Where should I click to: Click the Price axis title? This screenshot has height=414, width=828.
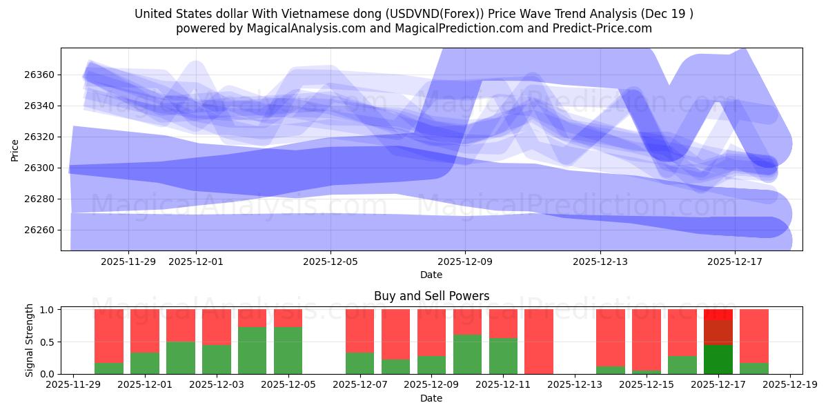click(x=15, y=150)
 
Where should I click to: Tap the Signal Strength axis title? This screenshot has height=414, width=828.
click(x=29, y=340)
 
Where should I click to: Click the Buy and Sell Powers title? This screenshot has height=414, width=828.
click(x=431, y=296)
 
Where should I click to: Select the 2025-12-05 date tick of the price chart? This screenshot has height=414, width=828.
click(x=331, y=262)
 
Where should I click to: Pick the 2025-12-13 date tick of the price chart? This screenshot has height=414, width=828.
click(x=600, y=262)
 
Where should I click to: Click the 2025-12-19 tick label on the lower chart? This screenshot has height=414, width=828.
click(x=790, y=384)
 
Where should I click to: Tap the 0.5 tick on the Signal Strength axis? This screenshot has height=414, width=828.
click(x=47, y=342)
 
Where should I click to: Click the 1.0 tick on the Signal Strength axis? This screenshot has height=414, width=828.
click(x=47, y=310)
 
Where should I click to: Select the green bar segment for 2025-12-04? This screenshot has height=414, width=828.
click(x=252, y=351)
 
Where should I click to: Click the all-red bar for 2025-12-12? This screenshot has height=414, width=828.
click(x=539, y=342)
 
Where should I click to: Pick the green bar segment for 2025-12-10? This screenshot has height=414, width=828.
click(x=467, y=354)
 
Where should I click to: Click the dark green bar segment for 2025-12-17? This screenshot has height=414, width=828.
click(x=718, y=359)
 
